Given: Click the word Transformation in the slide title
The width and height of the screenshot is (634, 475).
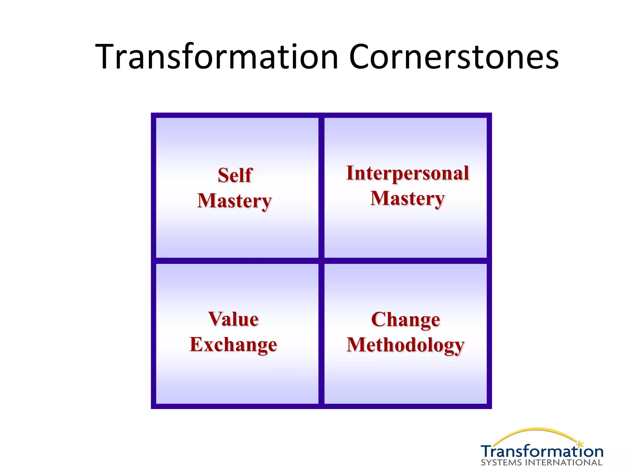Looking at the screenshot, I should coord(217,57).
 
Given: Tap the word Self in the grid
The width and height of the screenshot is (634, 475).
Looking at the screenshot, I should coord(235,175).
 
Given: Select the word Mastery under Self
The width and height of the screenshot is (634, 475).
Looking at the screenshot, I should coord(234,201).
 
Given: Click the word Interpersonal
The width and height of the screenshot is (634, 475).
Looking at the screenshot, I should coord(407,173).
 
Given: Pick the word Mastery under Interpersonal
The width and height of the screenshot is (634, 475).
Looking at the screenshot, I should coord(407,198).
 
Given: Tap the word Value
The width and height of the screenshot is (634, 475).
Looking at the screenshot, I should coord(233,319).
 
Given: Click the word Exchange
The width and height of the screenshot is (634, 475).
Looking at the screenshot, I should coord(233,344).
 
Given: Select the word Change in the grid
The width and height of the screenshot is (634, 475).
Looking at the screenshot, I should coord(406,319).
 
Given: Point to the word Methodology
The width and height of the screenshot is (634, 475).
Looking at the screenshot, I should coord(406,345).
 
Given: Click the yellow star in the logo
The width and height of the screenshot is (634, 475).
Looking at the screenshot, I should coord(580,444).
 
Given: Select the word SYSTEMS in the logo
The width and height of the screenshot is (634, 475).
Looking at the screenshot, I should coord(502,463).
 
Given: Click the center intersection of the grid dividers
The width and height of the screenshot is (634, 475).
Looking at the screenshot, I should coord(321,261).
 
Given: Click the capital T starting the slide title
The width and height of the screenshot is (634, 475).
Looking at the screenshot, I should coord(107,57).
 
